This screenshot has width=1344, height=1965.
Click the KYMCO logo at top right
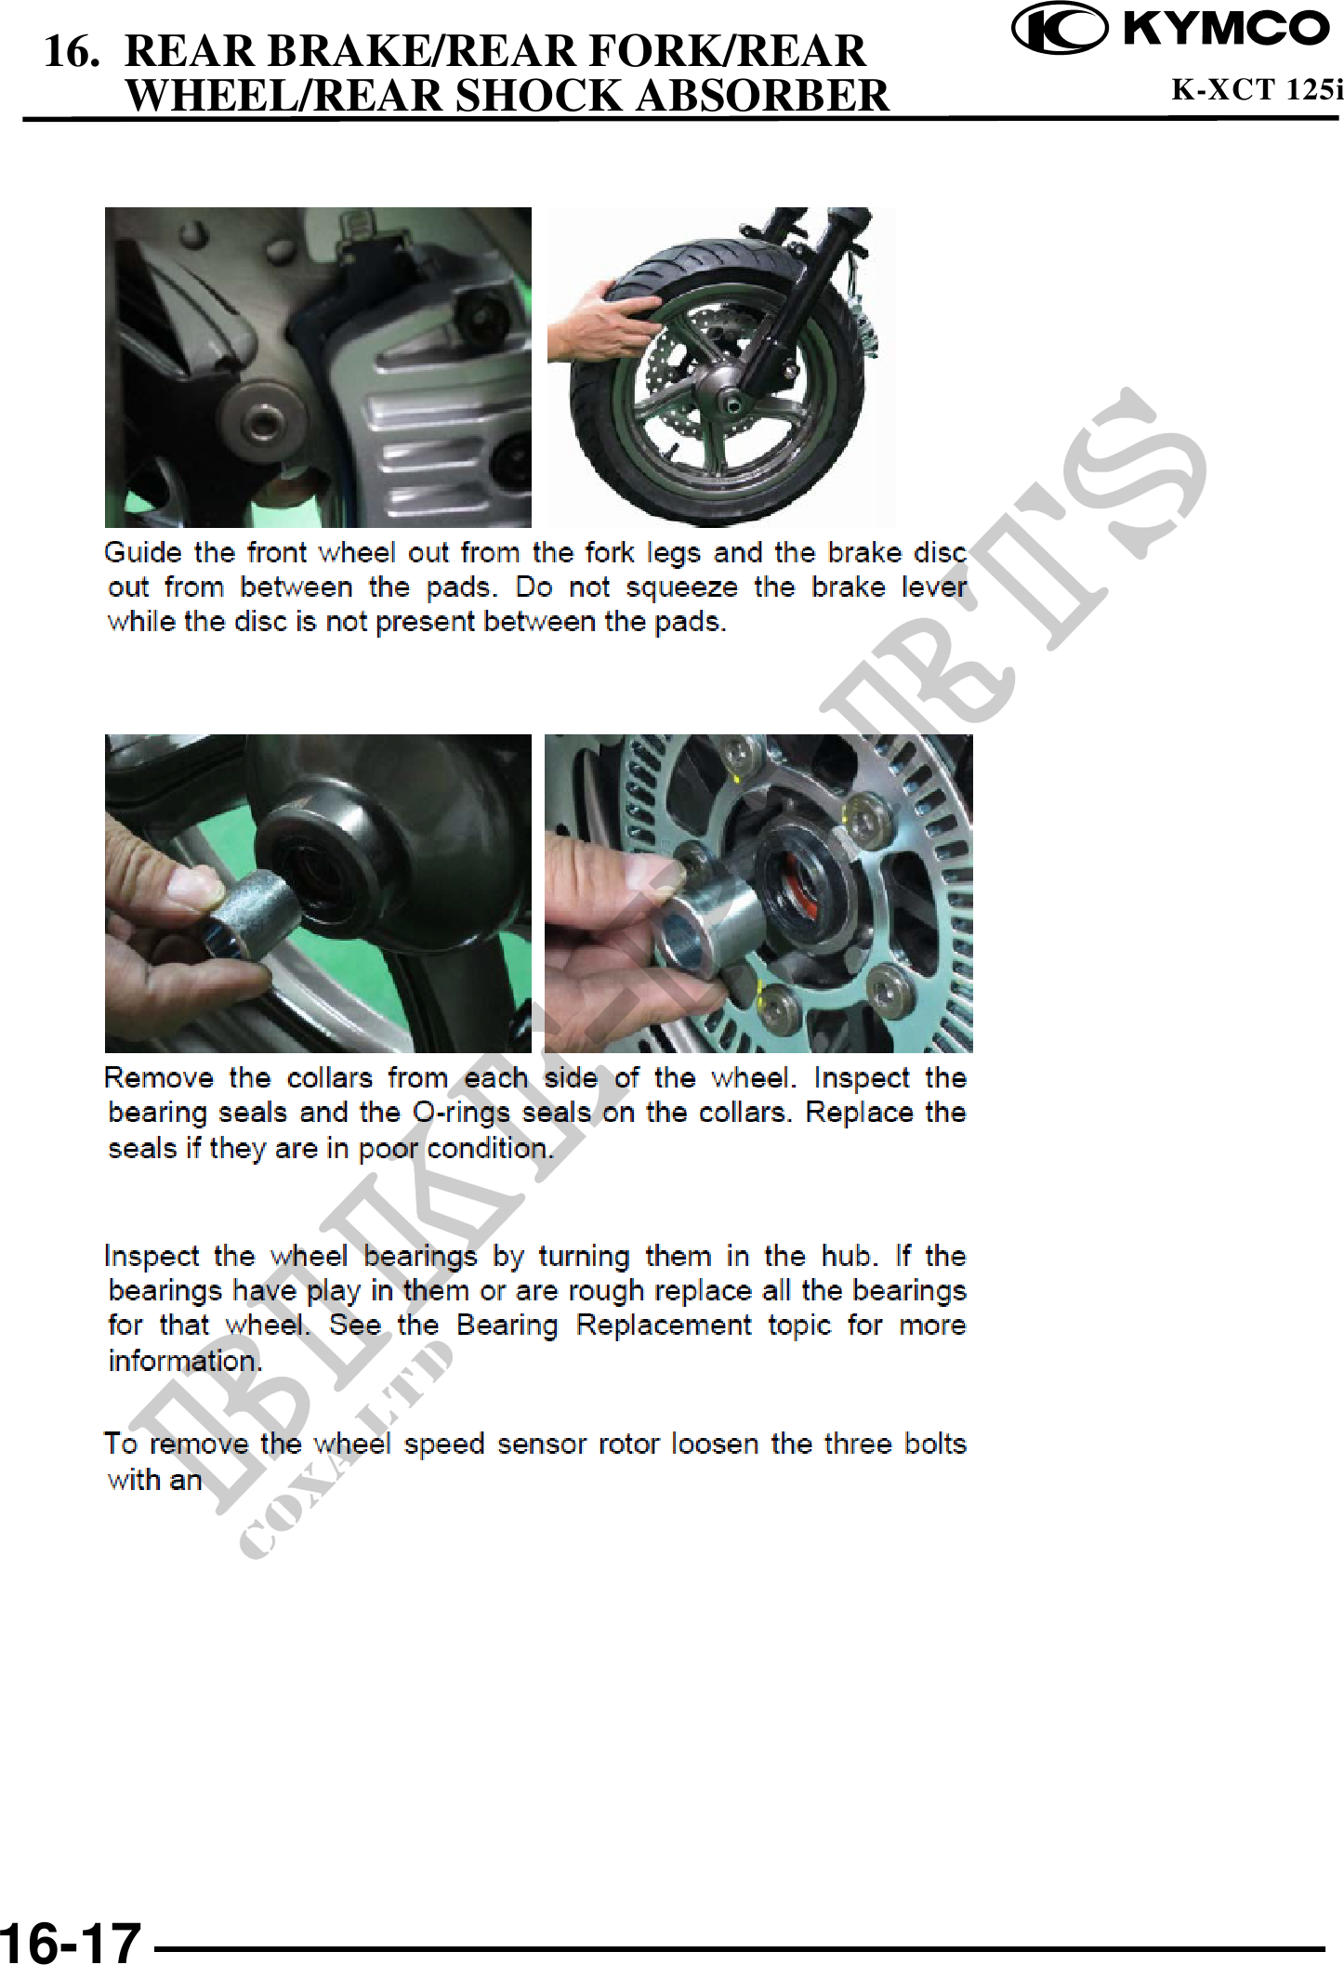coord(1171,30)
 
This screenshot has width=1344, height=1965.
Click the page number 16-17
coord(71,1941)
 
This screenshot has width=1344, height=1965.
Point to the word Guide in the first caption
coord(142,553)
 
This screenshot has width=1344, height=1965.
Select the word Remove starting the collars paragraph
coord(159,1078)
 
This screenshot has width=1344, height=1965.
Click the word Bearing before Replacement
coord(507,1325)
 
